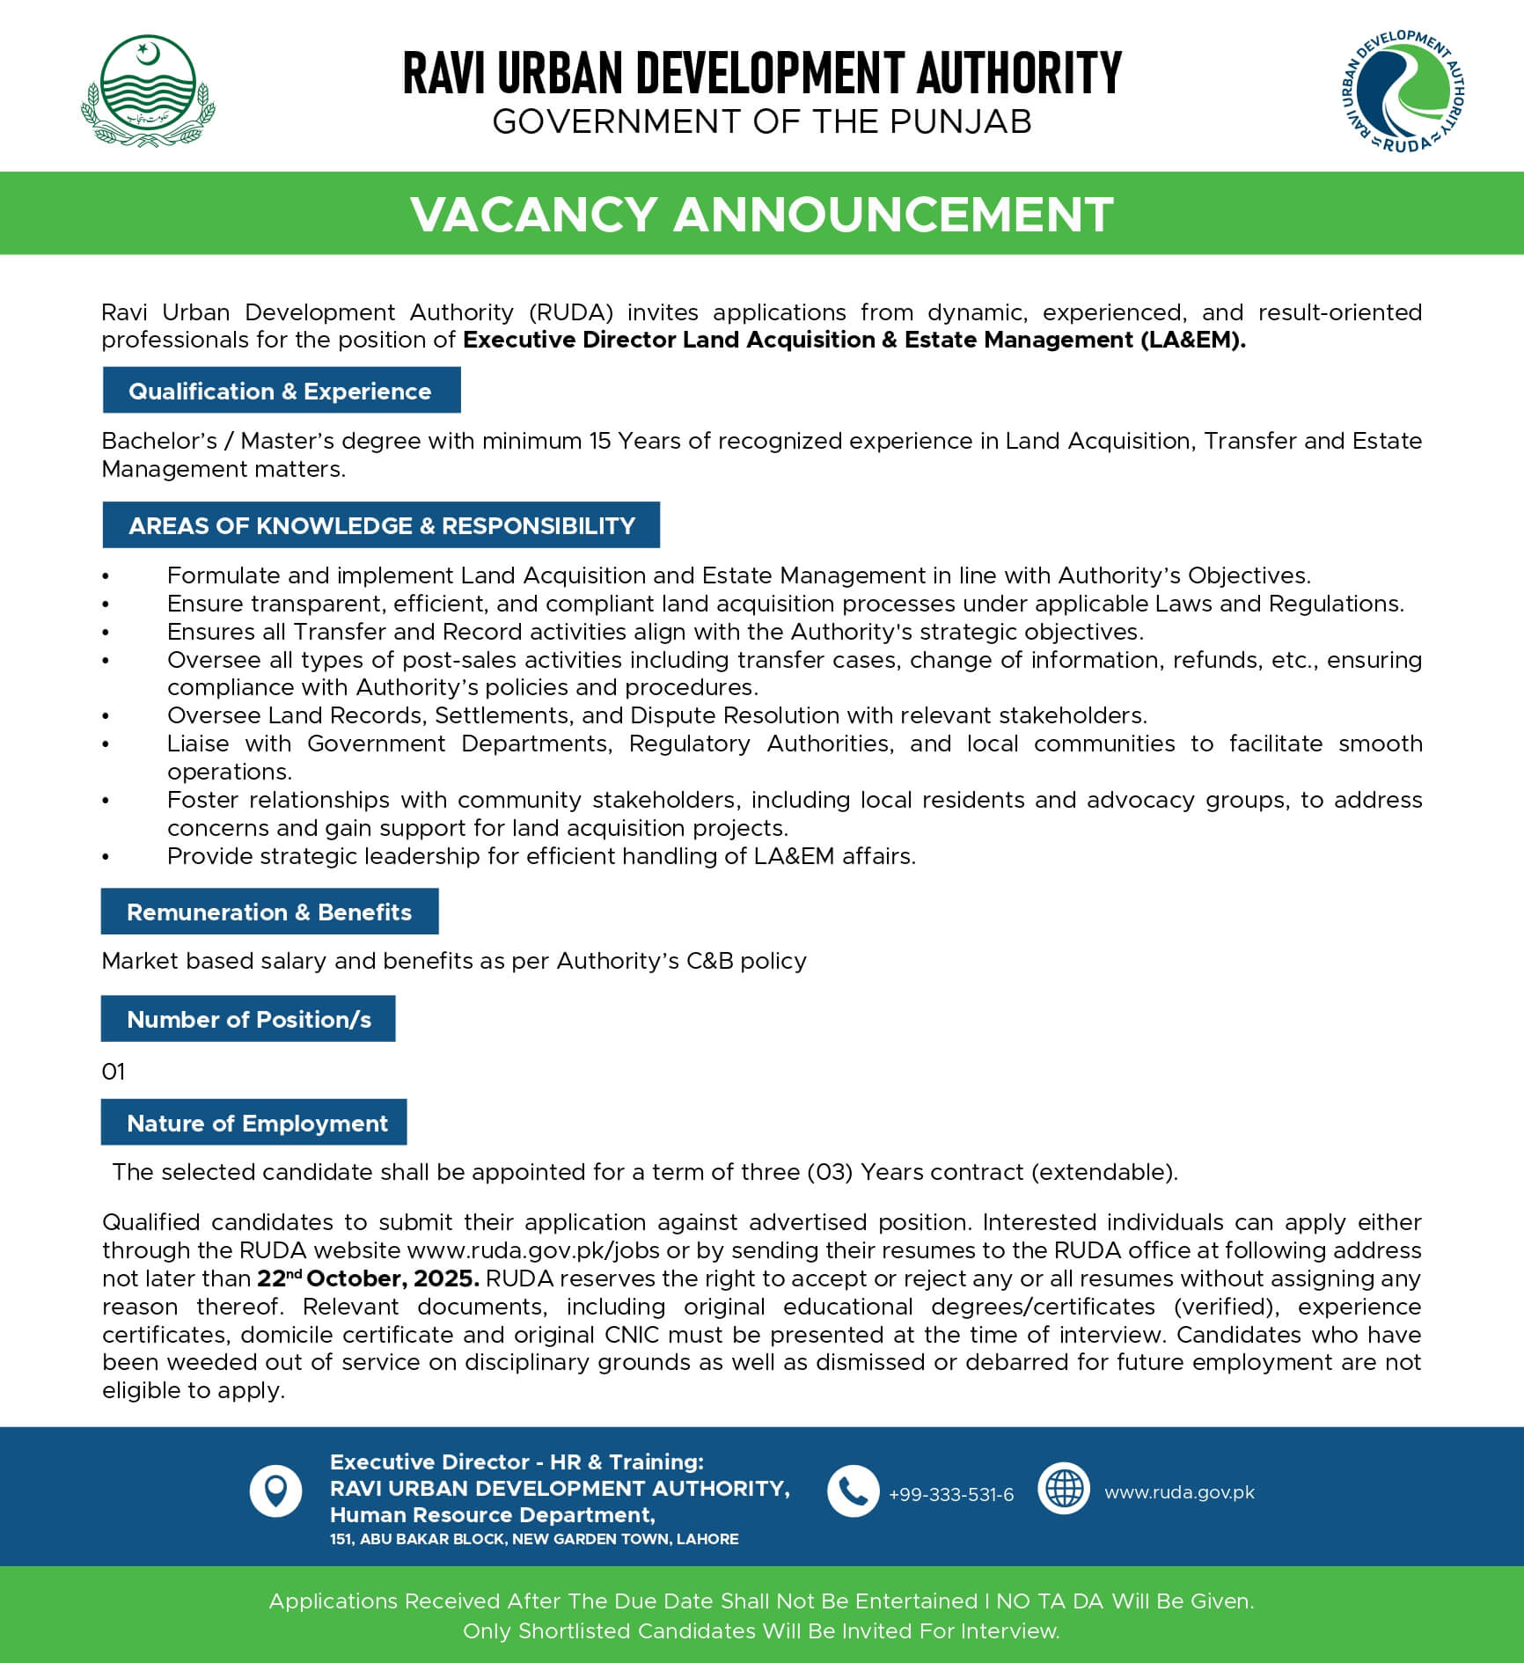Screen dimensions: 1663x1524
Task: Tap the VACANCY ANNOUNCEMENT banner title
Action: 762,214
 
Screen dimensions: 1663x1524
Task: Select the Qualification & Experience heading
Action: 281,392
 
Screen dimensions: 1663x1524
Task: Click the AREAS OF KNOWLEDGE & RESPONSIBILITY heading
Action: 381,525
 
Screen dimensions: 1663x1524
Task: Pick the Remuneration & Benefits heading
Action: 269,912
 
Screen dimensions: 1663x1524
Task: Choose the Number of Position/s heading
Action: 248,1019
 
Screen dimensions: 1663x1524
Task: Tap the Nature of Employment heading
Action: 256,1123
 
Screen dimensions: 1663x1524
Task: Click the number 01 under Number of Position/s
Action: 114,1072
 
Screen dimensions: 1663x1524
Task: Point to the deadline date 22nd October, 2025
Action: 368,1278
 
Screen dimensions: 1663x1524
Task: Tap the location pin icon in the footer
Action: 275,1491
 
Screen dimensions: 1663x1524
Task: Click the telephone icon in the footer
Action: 853,1491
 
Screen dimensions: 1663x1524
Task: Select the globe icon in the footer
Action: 1064,1489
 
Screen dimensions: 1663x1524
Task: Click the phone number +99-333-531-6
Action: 951,1494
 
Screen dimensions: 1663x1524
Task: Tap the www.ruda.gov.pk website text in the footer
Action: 1179,1492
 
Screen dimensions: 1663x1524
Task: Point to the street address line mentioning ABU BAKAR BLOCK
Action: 534,1539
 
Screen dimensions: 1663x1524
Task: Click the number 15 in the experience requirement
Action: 600,441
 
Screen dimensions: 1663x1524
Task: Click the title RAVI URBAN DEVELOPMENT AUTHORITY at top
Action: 762,73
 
